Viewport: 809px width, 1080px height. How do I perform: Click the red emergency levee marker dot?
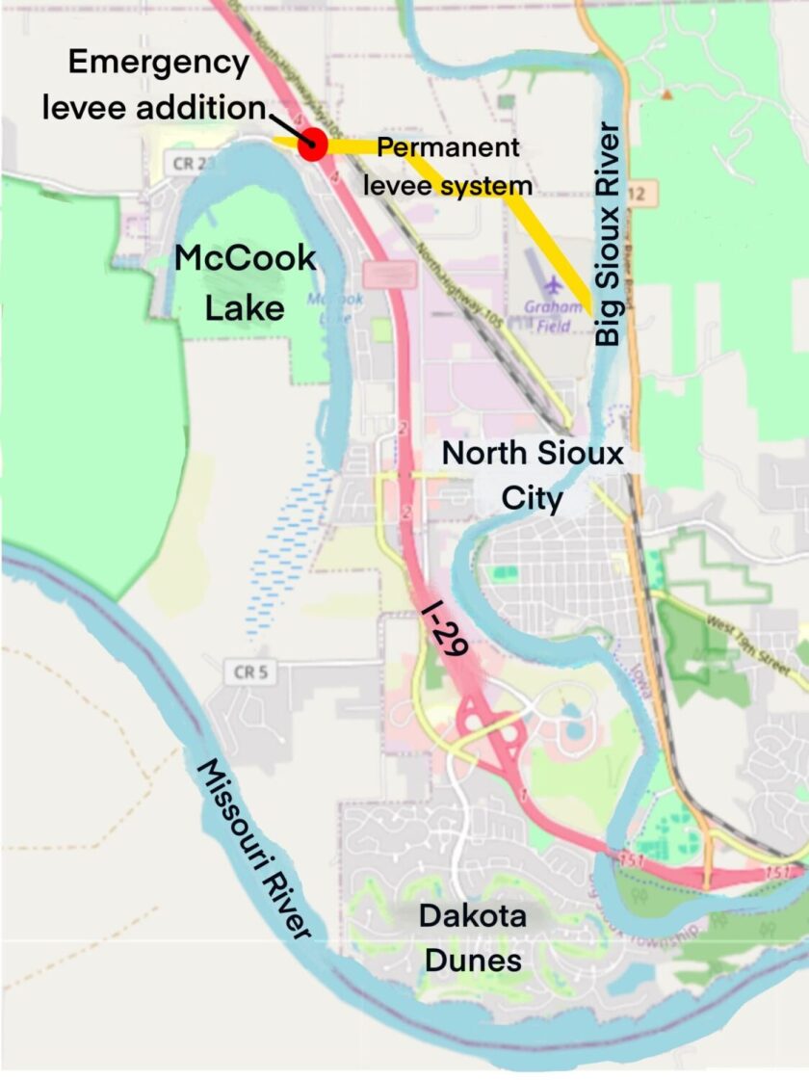(x=312, y=145)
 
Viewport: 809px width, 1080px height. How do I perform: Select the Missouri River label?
(x=255, y=848)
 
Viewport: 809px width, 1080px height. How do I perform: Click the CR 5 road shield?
(x=248, y=672)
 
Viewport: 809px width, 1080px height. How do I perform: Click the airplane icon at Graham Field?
(x=554, y=286)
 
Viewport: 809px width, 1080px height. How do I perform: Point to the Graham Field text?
(x=554, y=317)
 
